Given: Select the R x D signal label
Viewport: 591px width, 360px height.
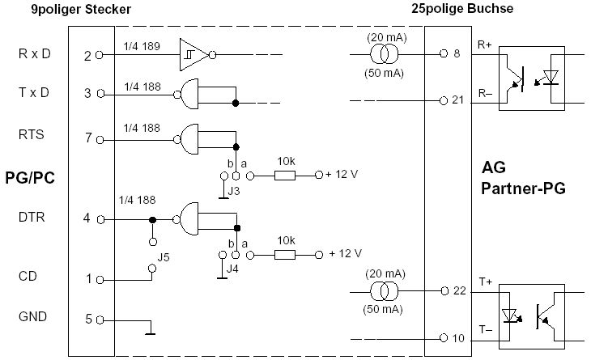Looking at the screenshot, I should click(x=33, y=55).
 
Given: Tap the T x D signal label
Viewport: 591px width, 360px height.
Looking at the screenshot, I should click(x=33, y=92).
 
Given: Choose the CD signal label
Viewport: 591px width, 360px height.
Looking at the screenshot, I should click(x=27, y=278).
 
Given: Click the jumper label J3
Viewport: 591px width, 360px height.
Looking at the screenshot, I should click(x=233, y=191).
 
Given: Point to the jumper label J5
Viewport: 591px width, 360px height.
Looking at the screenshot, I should click(x=164, y=258).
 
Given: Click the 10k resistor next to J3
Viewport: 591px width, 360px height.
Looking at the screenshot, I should click(x=285, y=174).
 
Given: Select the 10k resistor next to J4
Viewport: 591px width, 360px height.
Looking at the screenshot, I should click(x=285, y=254).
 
